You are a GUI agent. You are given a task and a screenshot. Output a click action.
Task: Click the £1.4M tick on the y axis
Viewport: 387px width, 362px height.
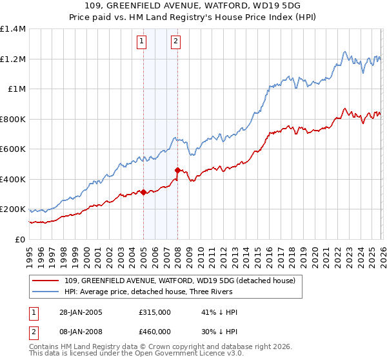pos(13,29)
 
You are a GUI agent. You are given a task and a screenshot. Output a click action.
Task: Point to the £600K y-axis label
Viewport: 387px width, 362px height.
pos(13,149)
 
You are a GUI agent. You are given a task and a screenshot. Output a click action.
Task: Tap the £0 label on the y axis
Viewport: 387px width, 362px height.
pos(19,240)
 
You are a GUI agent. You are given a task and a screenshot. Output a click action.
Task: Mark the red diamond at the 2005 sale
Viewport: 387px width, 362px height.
pos(143,193)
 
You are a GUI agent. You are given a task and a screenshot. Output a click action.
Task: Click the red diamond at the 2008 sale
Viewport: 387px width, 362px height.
pos(177,171)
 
